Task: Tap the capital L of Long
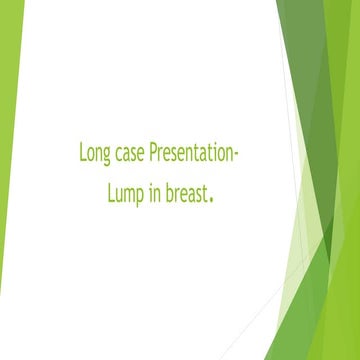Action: [x=82, y=154]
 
